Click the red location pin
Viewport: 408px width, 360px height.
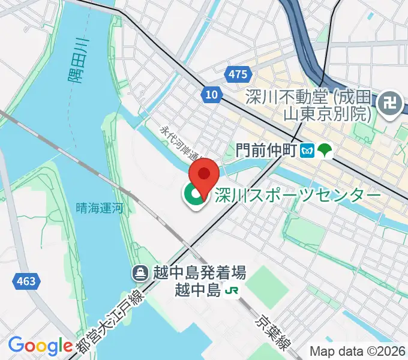[204, 175]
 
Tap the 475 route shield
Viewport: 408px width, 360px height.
[238, 74]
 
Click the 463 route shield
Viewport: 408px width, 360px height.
[26, 280]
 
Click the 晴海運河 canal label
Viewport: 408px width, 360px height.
[100, 208]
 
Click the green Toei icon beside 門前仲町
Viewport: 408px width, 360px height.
[325, 149]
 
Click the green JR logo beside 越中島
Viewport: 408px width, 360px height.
[232, 291]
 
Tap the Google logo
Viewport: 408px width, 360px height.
[40, 345]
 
